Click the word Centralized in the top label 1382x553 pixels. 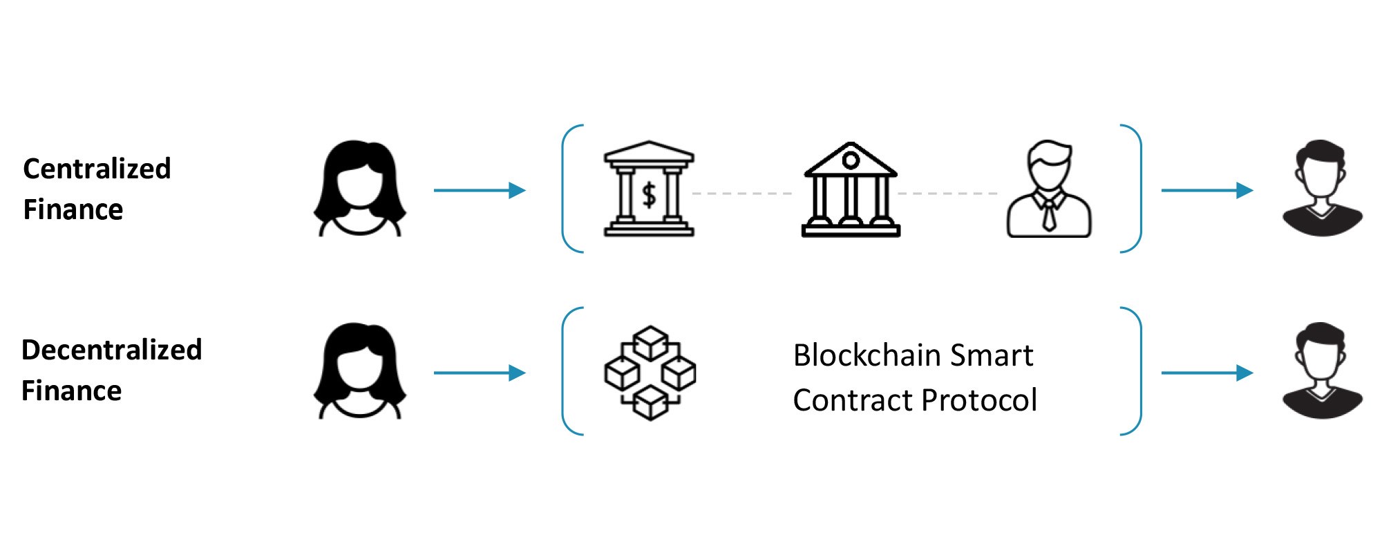coord(97,169)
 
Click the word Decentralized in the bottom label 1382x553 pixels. coord(111,350)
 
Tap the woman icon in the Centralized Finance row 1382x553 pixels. coord(360,189)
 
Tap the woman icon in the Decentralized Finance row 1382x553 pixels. coord(360,371)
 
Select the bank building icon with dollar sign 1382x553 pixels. coord(649,189)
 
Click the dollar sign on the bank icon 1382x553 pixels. coord(649,195)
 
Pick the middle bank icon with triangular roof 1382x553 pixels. coord(851,189)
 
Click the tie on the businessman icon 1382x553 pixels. coord(1049,214)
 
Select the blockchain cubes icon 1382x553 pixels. coord(650,373)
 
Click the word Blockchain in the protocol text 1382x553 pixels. coord(867,355)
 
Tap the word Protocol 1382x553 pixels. coord(979,400)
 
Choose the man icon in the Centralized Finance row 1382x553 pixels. coord(1323,188)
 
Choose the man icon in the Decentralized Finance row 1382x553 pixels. coord(1323,371)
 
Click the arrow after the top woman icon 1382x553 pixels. coord(480,190)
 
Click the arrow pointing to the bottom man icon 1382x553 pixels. coord(1207,373)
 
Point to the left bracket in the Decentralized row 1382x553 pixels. coord(564,371)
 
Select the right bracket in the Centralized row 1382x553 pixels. coord(1139,189)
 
